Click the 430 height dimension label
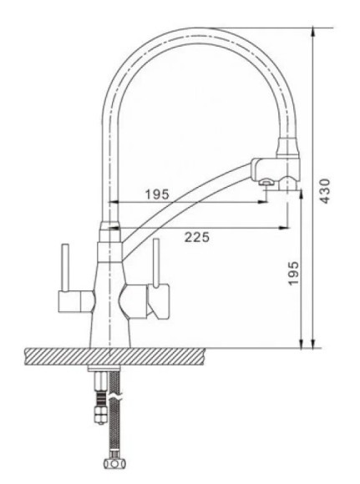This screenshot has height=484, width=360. (x=324, y=191)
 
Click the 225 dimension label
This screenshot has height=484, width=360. (x=197, y=237)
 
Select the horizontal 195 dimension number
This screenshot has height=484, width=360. (x=157, y=194)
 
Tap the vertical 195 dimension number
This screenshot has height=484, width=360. (x=293, y=274)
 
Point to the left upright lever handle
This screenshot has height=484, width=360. (x=65, y=267)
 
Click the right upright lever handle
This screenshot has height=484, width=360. (x=156, y=262)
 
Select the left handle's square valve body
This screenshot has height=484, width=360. (x=75, y=301)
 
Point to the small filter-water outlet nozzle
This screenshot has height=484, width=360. (x=266, y=183)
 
